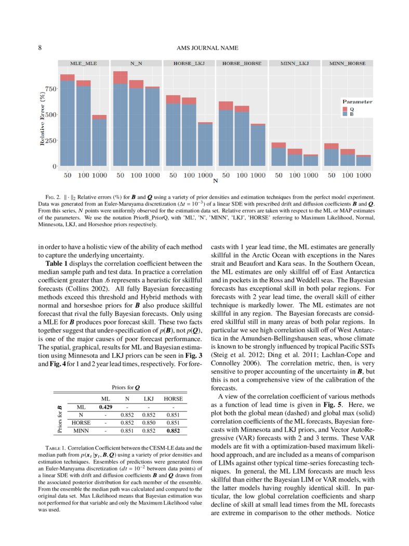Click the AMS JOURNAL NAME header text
coord(204,48)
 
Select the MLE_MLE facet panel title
coord(84,63)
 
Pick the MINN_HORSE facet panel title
coord(347,63)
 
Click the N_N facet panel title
coord(136,63)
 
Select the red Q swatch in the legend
coord(345,109)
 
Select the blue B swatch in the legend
coord(345,114)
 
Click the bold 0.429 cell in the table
coord(105,407)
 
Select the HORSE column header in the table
coord(173,398)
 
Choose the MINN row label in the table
coord(81,430)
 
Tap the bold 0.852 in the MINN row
coord(173,430)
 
